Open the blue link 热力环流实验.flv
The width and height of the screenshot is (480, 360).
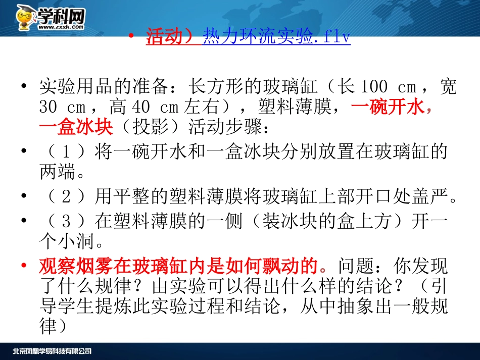pyautogui.click(x=276, y=37)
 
